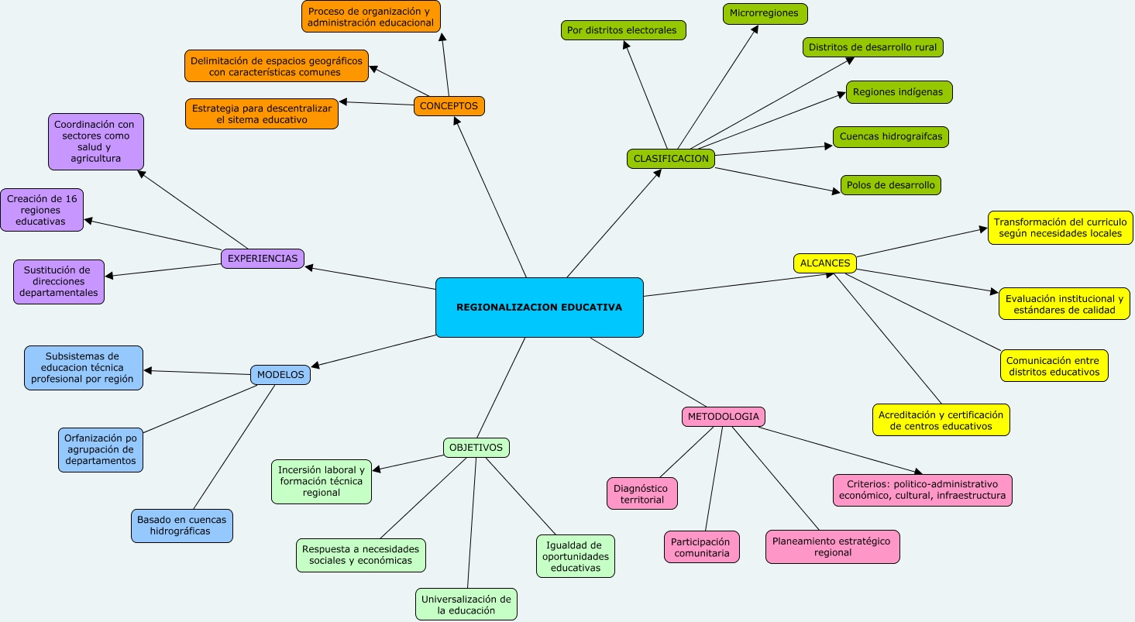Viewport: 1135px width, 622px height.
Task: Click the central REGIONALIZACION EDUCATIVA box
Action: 539,308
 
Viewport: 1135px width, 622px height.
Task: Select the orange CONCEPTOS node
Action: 449,106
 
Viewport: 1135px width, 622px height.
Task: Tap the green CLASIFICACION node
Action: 671,159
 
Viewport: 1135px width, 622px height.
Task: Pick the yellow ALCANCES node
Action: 825,263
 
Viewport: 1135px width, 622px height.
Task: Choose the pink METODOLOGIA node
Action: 723,417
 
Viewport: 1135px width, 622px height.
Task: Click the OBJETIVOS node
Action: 476,448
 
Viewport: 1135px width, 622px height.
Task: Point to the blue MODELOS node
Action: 280,375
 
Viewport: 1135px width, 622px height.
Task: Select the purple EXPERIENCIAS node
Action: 263,258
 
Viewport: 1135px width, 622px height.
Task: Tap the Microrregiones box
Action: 765,14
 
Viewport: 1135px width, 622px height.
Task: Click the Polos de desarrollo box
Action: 891,185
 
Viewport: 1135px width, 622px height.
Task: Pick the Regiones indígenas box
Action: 899,92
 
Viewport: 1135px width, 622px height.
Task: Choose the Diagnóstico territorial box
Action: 642,493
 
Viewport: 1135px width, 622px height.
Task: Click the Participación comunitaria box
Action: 702,547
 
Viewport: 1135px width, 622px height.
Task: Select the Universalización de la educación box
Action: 466,604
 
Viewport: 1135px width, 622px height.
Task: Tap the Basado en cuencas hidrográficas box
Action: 182,526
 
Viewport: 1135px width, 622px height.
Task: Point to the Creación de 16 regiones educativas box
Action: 42,210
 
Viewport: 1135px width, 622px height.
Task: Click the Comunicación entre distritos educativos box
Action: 1054,366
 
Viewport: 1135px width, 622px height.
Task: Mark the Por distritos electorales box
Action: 623,30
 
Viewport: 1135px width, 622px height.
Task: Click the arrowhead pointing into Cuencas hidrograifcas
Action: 829,146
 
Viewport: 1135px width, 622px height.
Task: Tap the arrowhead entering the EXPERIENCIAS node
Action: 309,267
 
